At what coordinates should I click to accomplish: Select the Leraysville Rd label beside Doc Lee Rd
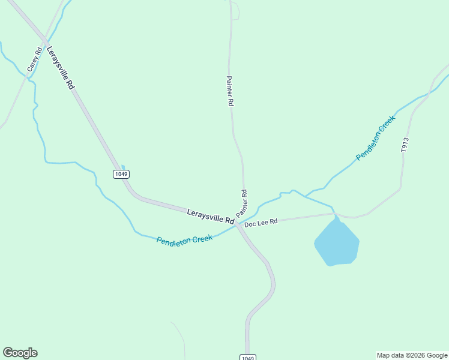pos(210,216)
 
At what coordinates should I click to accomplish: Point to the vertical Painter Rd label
pos(229,91)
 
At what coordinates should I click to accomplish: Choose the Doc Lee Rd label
pos(261,223)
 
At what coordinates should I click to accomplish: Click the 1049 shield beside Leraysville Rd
pos(121,174)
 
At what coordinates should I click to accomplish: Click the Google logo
pos(20,353)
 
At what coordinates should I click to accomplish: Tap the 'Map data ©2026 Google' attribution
pos(412,355)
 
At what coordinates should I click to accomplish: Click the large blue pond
pos(337,243)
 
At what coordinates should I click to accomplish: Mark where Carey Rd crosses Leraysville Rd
pos(44,41)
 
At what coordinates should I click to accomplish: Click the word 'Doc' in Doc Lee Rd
pos(250,223)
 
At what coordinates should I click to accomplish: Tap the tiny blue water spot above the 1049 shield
pos(122,167)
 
